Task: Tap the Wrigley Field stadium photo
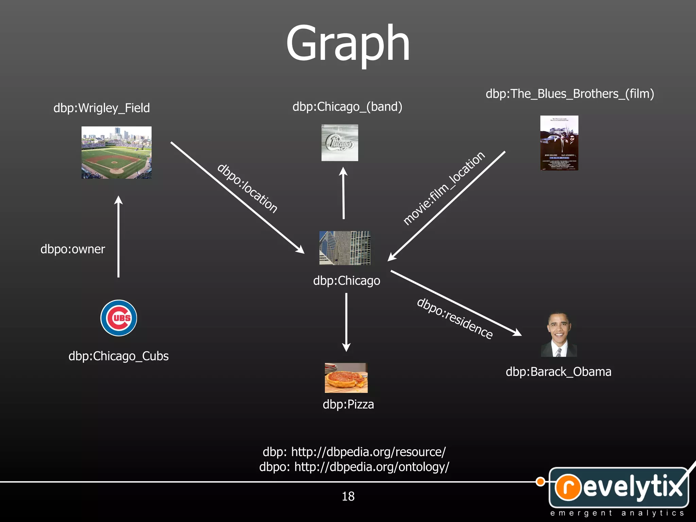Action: tap(117, 153)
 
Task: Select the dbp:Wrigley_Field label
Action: tap(102, 108)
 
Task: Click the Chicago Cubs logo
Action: tap(119, 318)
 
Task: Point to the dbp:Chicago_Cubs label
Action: tap(119, 356)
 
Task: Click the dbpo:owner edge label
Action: tap(73, 249)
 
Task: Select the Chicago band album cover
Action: tap(340, 143)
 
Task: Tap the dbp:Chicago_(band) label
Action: tap(347, 107)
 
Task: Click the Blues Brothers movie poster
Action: tap(559, 143)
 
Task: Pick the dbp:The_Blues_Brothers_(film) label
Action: tap(570, 94)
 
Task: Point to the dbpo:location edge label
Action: tap(247, 188)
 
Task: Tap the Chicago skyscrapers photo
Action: tap(345, 248)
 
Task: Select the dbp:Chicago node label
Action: tap(347, 281)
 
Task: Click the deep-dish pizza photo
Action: tap(346, 378)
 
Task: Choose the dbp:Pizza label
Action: tap(348, 404)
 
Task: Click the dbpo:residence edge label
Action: tap(455, 318)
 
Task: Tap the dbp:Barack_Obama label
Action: tap(558, 372)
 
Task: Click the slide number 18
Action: tap(348, 497)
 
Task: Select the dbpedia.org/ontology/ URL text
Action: tap(371, 467)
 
